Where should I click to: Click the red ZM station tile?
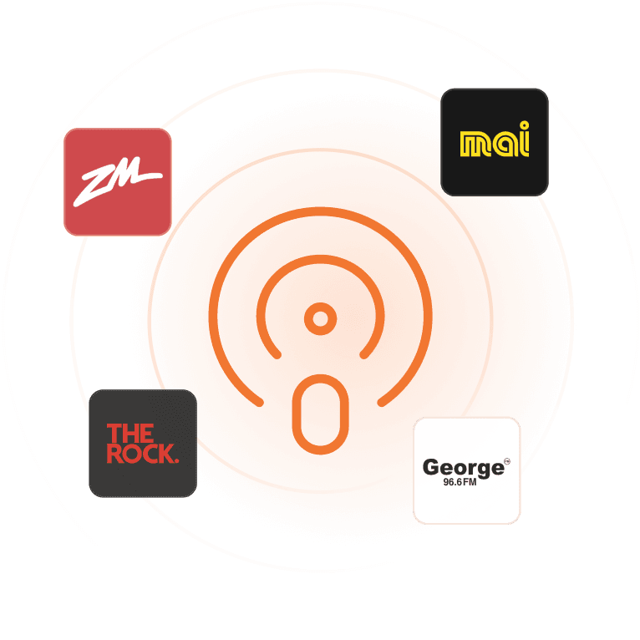point(118,182)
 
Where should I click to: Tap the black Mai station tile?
point(495,142)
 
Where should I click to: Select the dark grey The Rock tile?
point(143,444)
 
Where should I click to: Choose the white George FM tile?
point(466,470)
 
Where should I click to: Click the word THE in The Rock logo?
point(130,433)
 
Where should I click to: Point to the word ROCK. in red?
point(142,454)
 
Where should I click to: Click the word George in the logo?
point(463,468)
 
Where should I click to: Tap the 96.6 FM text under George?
point(460,482)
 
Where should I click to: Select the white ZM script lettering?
point(118,181)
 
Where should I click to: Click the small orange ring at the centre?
point(320,319)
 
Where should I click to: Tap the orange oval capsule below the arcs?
point(320,414)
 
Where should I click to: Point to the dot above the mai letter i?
point(524,124)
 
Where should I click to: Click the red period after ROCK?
point(176,461)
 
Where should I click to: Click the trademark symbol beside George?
point(507,461)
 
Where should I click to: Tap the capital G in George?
point(432,467)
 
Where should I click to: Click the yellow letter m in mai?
point(475,144)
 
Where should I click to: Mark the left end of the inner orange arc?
point(277,355)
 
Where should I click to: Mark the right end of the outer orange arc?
point(381,403)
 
